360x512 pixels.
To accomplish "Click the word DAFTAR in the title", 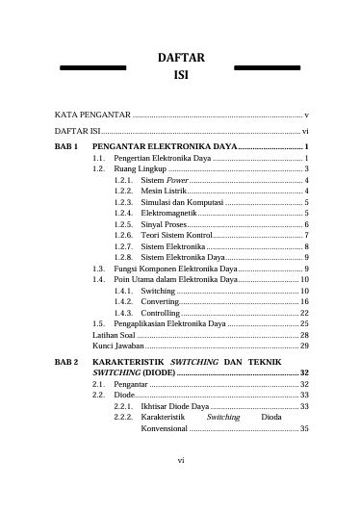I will point(180,58).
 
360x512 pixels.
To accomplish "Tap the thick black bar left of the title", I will point(93,67).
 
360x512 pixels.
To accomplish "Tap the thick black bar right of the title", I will point(269,67).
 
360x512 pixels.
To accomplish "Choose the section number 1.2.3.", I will point(123,204).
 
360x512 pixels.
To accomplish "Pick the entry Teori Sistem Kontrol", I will point(175,235).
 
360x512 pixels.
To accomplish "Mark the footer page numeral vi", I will point(180,486).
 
